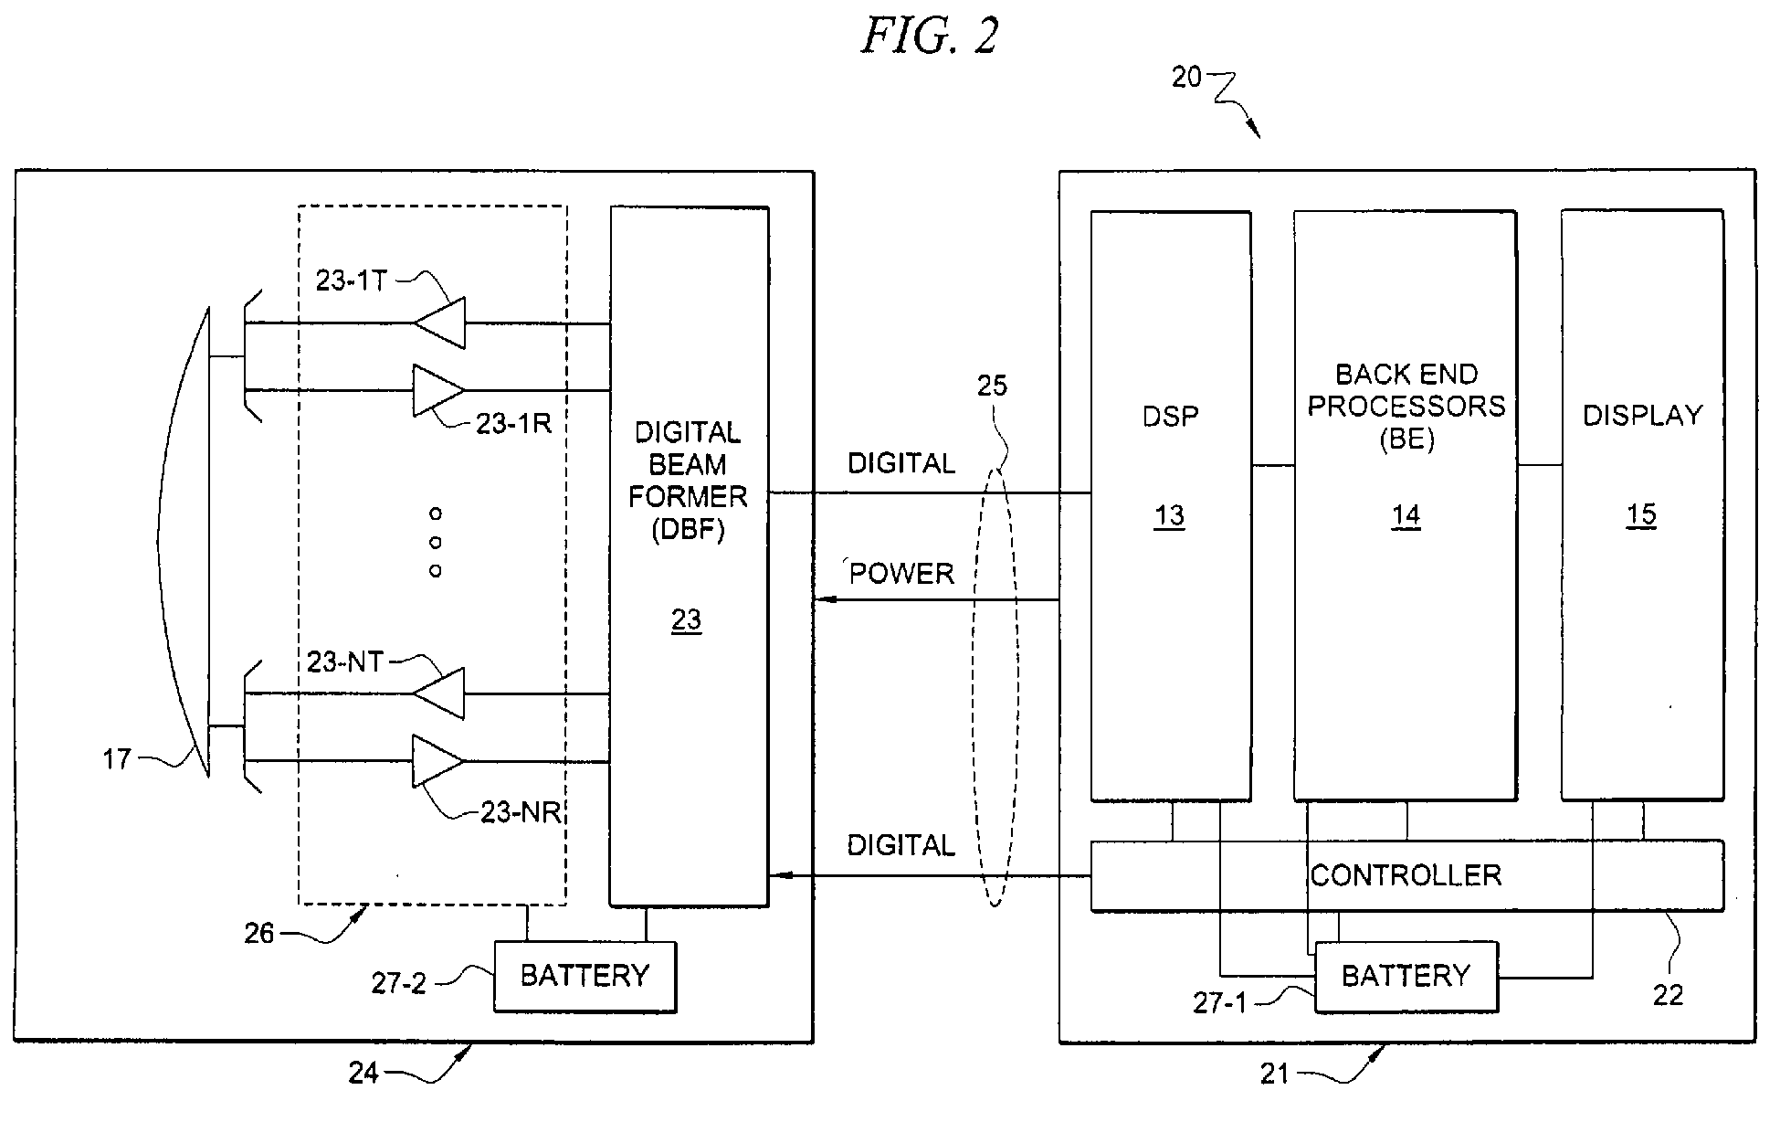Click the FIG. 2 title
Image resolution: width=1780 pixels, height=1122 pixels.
[930, 37]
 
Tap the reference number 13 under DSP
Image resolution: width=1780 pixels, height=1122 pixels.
[1169, 516]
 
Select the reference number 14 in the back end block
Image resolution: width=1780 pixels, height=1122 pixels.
[1406, 516]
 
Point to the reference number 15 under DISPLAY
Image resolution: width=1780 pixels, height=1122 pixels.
[1641, 514]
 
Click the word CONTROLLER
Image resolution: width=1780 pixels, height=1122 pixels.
[1406, 875]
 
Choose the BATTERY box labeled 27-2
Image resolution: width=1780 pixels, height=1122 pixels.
[585, 976]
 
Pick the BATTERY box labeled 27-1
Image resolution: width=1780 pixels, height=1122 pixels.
[1406, 976]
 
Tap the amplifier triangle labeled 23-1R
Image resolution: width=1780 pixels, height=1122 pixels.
[437, 390]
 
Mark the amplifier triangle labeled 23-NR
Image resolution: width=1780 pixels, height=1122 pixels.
[437, 761]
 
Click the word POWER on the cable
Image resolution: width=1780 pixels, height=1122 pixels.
[901, 574]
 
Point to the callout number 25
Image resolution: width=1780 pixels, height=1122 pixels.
[992, 386]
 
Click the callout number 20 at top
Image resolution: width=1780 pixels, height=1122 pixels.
[1186, 78]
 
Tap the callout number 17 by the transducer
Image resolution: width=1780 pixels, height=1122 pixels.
[117, 758]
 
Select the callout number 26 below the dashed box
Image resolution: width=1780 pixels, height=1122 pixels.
[259, 933]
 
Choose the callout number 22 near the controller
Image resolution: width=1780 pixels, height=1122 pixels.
[1668, 995]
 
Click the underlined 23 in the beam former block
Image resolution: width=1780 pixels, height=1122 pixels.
[687, 620]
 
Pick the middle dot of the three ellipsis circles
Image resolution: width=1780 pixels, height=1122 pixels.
[436, 543]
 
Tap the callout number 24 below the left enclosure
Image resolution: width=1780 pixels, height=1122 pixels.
[363, 1072]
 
